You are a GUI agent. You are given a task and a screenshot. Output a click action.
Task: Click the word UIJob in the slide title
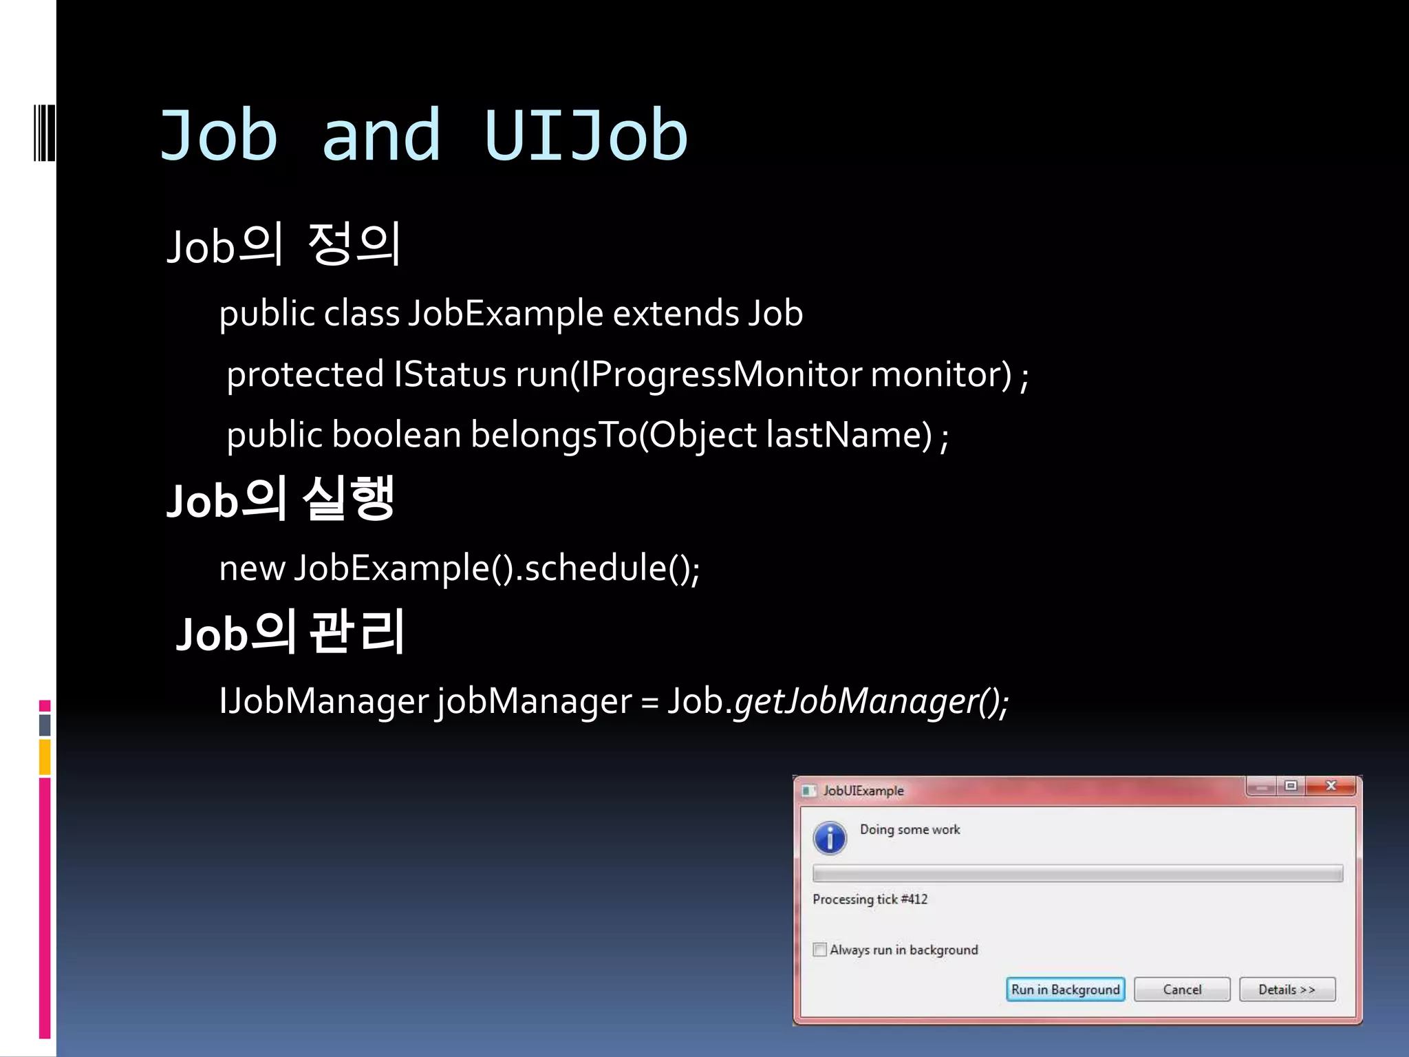(585, 136)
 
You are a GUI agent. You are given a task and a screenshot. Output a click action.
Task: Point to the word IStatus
(450, 375)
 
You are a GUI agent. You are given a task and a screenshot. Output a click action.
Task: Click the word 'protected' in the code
(305, 375)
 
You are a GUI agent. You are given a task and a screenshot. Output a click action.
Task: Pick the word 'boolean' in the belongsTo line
(396, 435)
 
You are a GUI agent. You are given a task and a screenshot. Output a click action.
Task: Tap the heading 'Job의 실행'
(281, 499)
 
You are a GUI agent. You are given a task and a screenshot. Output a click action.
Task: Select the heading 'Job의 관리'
(290, 632)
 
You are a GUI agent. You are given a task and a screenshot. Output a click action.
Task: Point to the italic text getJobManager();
(871, 701)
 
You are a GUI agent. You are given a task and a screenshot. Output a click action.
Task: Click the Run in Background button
(1065, 990)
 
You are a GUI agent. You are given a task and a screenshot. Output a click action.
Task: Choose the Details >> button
(1287, 990)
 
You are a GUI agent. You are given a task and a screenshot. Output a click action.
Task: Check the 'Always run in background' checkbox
(819, 950)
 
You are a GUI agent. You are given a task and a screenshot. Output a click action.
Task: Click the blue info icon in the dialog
(830, 837)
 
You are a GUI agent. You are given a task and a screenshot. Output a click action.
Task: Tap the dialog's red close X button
(1331, 786)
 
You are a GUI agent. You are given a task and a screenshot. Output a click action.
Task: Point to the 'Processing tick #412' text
(870, 899)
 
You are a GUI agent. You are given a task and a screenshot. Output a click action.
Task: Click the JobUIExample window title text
(863, 791)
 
